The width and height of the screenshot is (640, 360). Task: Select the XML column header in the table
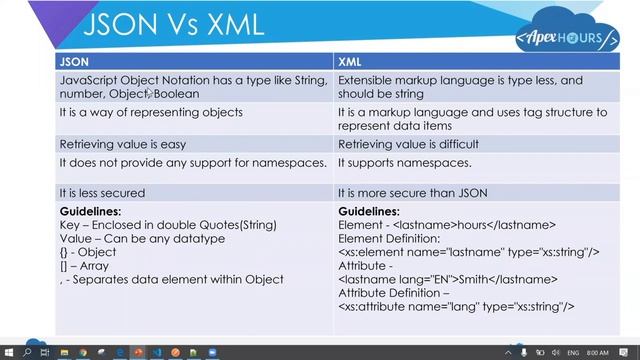pyautogui.click(x=351, y=61)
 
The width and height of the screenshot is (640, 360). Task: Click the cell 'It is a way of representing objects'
pyautogui.click(x=151, y=112)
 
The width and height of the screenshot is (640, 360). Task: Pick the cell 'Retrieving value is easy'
pyautogui.click(x=119, y=144)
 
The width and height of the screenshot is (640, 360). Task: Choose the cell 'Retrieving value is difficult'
pyautogui.click(x=408, y=144)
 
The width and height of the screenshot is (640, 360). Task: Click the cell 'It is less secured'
pyautogui.click(x=102, y=193)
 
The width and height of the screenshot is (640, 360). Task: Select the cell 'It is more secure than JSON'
pyautogui.click(x=413, y=193)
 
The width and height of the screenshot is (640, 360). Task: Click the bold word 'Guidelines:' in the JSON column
pyautogui.click(x=91, y=212)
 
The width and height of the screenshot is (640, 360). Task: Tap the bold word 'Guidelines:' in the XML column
pyautogui.click(x=369, y=212)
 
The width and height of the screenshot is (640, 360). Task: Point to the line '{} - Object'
pyautogui.click(x=88, y=252)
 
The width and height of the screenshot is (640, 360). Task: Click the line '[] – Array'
pyautogui.click(x=86, y=266)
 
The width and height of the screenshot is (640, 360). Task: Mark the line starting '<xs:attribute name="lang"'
pyautogui.click(x=456, y=307)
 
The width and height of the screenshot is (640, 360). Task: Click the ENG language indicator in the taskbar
pyautogui.click(x=574, y=353)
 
